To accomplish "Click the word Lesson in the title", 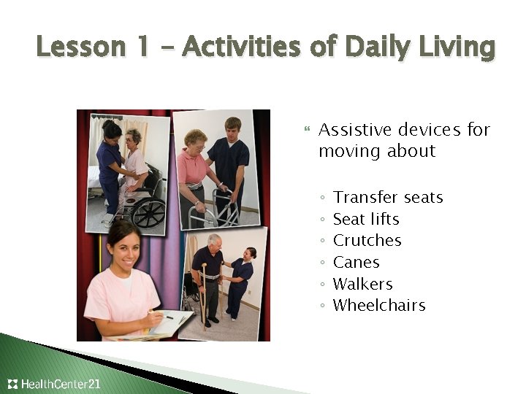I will click(72, 47).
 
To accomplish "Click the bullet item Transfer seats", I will click(388, 198).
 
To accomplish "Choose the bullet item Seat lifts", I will click(366, 219).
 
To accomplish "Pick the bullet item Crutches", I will click(367, 241).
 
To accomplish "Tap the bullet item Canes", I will click(356, 262).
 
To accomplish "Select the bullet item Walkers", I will click(362, 284).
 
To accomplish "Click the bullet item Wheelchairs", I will click(378, 305).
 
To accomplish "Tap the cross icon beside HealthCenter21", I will click(12, 384).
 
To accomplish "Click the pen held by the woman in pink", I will click(164, 315).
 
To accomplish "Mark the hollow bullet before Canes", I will click(322, 263).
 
